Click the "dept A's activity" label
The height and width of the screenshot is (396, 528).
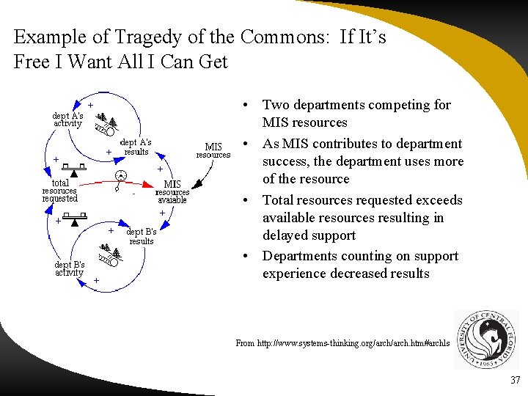coord(67,120)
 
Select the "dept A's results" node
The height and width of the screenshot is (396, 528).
coord(136,147)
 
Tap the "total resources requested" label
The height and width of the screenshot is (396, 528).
coord(59,191)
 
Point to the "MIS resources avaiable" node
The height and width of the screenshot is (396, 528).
coord(172,192)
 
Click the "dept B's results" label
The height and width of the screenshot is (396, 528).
coord(142,236)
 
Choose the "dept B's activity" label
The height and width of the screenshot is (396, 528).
coord(70,268)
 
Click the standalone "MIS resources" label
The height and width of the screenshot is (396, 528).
coord(213,151)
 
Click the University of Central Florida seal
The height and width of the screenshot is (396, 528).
coord(486,340)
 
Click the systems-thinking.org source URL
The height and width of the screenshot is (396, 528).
coord(340,343)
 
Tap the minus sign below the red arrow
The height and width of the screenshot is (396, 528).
coord(133,195)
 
